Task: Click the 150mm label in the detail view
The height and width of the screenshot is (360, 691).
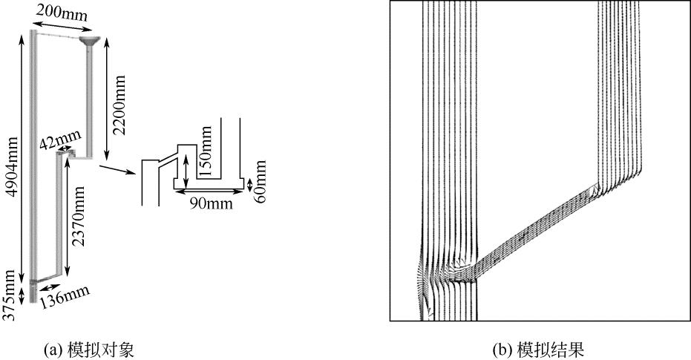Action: [209, 149]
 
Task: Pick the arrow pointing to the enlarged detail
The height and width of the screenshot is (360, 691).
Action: [118, 170]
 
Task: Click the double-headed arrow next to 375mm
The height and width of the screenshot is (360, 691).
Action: [22, 295]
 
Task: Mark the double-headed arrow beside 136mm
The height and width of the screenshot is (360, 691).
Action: [48, 286]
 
